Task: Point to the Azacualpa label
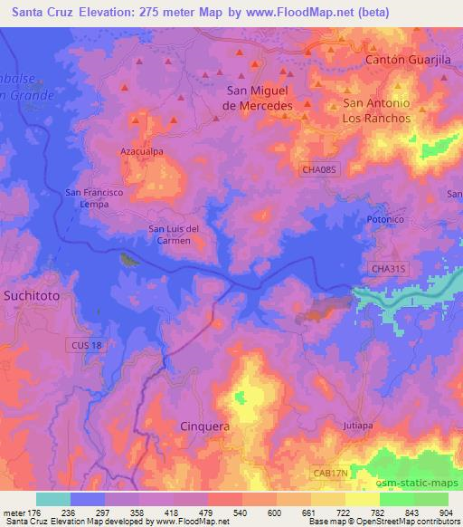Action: click(x=141, y=152)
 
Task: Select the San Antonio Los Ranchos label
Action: click(x=376, y=110)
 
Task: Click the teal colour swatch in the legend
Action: click(x=52, y=499)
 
